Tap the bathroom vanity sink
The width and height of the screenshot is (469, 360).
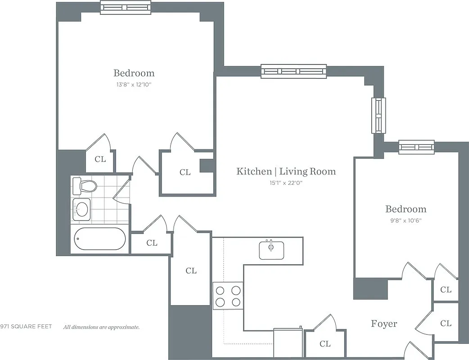(82, 209)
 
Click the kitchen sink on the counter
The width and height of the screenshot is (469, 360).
(271, 250)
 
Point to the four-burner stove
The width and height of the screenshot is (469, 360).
(228, 296)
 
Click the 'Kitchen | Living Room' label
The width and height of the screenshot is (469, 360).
(286, 171)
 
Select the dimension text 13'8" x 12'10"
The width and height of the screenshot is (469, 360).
(134, 84)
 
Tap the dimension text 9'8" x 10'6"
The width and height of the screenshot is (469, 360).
(406, 220)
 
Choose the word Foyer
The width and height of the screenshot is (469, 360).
(384, 324)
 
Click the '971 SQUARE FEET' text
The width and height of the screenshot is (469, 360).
(26, 327)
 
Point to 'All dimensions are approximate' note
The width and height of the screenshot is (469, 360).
(101, 327)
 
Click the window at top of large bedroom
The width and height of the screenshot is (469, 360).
(126, 7)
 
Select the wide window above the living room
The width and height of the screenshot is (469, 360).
(293, 71)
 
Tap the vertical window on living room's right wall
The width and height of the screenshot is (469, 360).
(378, 115)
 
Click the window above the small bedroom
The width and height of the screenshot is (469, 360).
(416, 147)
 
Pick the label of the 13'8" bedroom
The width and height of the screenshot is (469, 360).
(134, 73)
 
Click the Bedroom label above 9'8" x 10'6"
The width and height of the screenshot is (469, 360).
(406, 209)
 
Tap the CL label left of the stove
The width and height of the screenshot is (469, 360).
(191, 270)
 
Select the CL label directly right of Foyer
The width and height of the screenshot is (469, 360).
(446, 323)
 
